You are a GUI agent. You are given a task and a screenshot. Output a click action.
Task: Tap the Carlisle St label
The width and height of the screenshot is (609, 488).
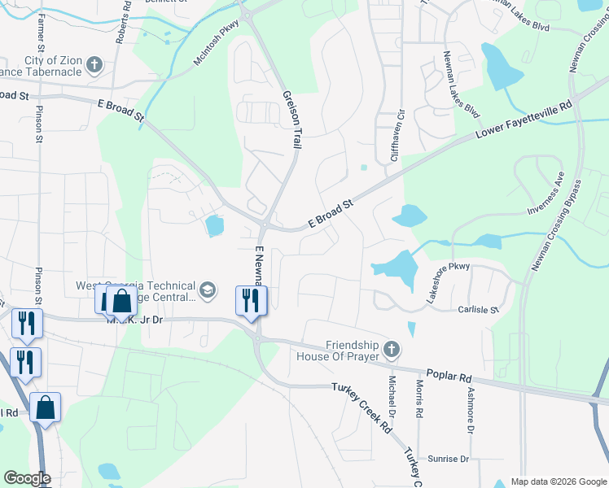coord(478,310)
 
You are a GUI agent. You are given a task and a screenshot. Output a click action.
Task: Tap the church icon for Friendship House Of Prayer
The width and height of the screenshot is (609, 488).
coord(392,350)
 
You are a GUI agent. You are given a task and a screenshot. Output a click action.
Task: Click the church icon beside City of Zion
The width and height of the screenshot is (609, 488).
coord(94,65)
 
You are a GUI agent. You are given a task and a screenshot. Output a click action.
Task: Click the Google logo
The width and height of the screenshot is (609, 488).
coord(28,478)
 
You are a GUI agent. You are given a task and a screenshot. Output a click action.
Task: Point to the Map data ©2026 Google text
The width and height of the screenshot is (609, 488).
coord(558,481)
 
